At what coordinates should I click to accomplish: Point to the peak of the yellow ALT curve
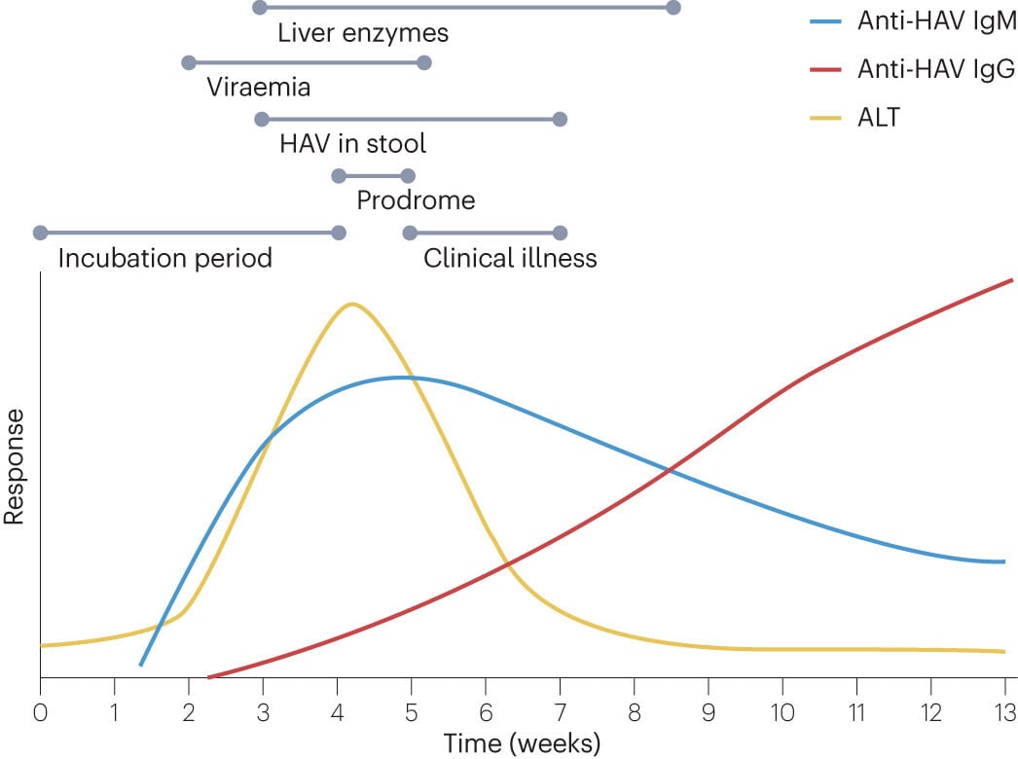pos(351,304)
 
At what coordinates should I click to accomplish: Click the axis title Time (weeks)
pos(523,742)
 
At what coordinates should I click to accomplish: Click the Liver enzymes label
pos(363,33)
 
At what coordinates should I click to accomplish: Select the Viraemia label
pos(259,88)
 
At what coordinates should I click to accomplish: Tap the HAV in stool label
pos(352,144)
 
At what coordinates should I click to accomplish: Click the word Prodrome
pos(416,201)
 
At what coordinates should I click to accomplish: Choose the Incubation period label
pos(164,259)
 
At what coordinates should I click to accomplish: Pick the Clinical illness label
pos(510,259)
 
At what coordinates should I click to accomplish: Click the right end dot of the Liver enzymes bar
pos(673,8)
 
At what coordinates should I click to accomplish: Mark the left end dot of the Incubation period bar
pos(40,233)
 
